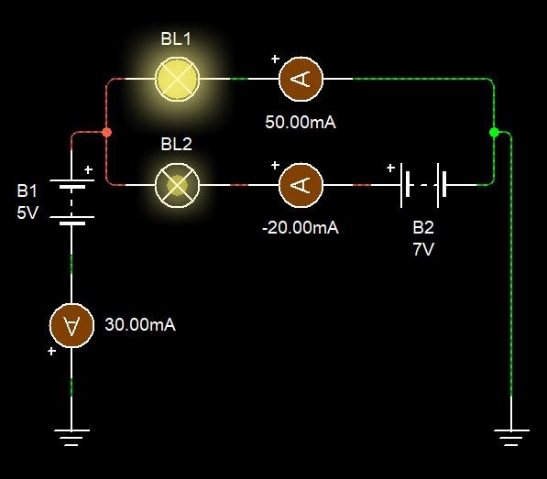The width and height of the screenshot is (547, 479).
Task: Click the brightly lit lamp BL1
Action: [x=177, y=79]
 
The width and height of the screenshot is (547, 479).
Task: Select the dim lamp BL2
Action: [x=177, y=185]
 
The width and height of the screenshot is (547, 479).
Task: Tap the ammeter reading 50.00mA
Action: [x=301, y=79]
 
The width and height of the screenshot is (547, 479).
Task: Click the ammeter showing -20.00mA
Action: [x=301, y=185]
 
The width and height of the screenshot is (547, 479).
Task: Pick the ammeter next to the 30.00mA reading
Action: [x=71, y=325]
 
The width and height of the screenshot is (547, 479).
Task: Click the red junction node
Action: [x=107, y=132]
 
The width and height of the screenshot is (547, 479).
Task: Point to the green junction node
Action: [x=494, y=132]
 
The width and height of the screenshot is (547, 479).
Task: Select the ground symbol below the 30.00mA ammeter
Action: [x=71, y=437]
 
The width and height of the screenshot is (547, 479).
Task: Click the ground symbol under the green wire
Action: [x=511, y=437]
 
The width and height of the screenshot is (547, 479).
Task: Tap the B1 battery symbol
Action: [x=71, y=202]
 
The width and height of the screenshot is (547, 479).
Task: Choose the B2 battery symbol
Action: [x=423, y=185]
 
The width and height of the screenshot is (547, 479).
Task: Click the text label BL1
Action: [x=176, y=38]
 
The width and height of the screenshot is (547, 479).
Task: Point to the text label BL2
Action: [x=176, y=144]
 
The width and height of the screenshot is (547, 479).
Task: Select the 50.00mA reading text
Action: [x=301, y=123]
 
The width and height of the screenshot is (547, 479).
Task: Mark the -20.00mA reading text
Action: [x=301, y=228]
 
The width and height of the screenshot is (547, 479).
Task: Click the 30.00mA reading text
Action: [x=140, y=324]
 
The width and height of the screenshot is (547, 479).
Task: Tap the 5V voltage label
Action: [x=27, y=212]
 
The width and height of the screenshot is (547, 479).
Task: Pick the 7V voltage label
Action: [x=423, y=249]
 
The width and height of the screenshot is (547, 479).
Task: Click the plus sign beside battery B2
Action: [x=390, y=168]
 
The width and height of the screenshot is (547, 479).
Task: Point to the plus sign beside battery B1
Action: [x=89, y=169]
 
